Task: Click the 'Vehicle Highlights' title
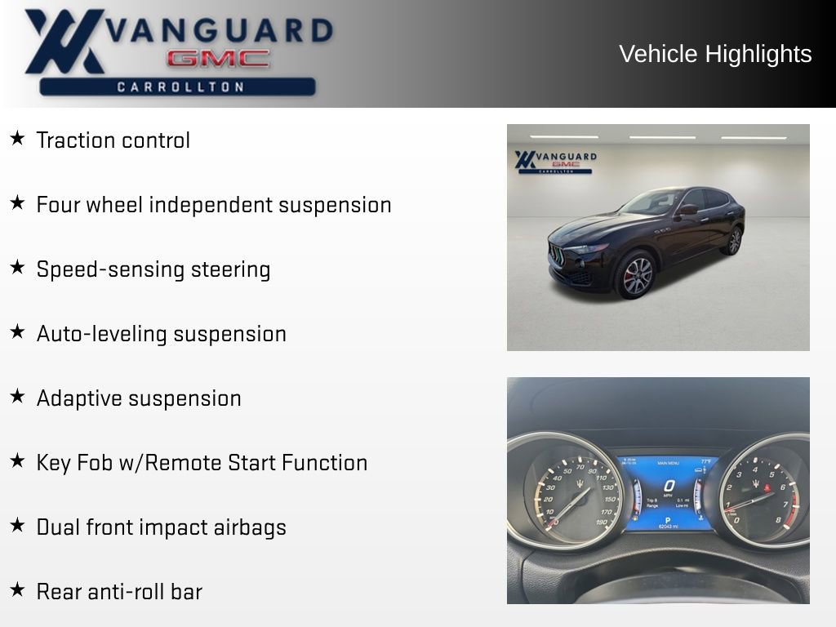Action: point(715,54)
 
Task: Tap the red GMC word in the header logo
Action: point(218,58)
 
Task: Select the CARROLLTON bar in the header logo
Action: point(178,87)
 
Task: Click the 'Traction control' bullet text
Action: point(113,140)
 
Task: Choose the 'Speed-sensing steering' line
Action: point(153,269)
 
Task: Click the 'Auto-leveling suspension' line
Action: point(161,334)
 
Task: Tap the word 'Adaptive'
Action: point(75,398)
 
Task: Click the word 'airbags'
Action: point(250,527)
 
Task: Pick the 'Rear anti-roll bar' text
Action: point(119,592)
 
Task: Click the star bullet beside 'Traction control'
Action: point(17,139)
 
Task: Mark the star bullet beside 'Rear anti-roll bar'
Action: point(17,589)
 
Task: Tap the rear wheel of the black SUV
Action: point(735,241)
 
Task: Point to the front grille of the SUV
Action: point(558,254)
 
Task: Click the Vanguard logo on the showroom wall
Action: point(555,162)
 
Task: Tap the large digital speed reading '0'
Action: point(668,485)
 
